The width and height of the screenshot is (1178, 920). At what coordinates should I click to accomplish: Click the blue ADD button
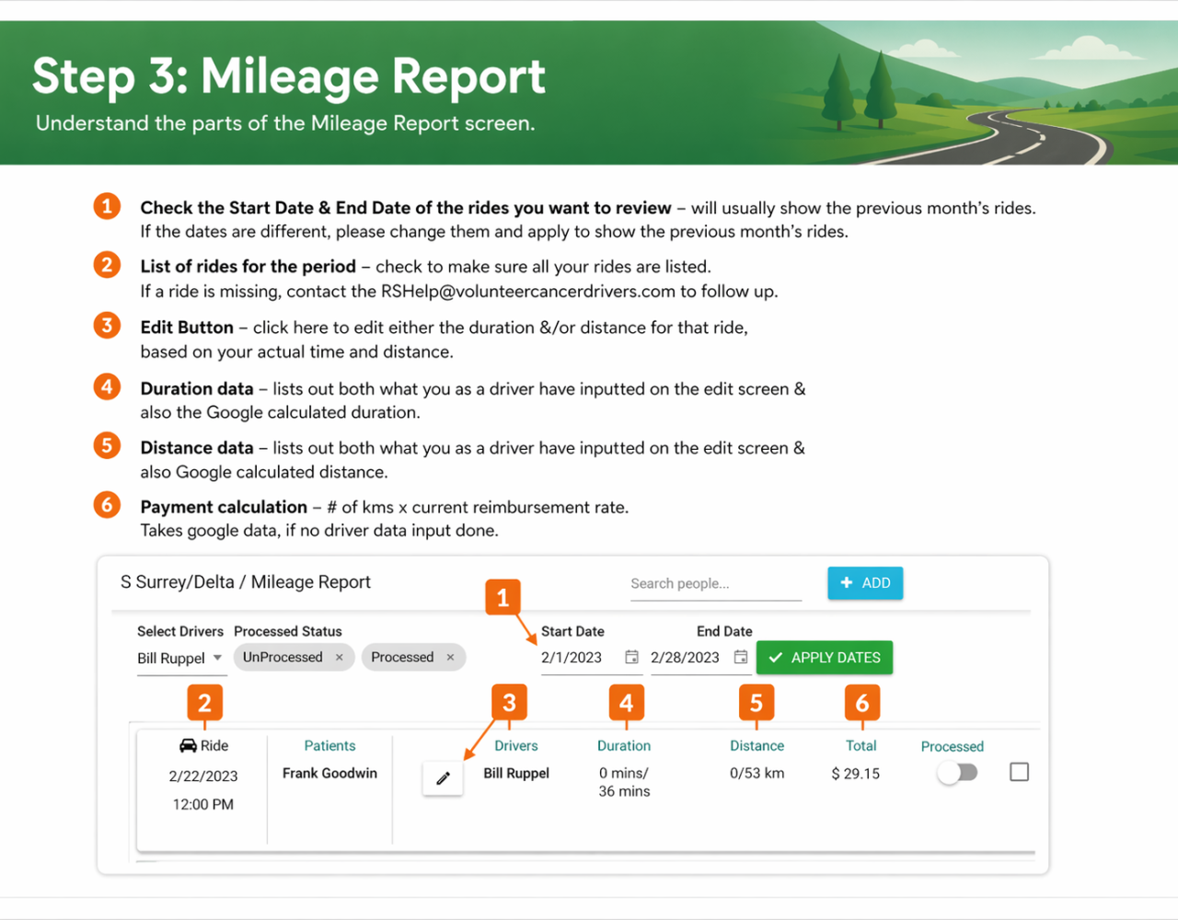pos(865,583)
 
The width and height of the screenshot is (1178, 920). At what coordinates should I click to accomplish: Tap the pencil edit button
pos(443,778)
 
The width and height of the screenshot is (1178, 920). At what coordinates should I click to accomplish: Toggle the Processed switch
pos(957,773)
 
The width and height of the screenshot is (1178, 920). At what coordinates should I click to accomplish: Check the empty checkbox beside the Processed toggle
pos(1019,772)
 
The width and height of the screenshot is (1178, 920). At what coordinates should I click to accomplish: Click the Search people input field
pos(716,583)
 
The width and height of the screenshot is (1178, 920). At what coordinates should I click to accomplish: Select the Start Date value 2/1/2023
pos(572,657)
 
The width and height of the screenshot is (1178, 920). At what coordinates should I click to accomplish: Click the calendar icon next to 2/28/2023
pos(741,657)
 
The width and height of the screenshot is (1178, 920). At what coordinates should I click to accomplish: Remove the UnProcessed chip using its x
pos(340,657)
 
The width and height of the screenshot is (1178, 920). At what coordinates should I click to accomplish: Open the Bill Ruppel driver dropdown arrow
pos(217,658)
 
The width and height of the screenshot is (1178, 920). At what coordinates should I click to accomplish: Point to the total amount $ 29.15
pos(856,774)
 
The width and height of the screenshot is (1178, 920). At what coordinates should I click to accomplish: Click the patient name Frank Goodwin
pos(329,773)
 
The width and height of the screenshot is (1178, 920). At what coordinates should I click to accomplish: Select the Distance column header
pos(756,746)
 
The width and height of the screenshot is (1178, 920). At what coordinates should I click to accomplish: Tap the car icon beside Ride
pos(188,746)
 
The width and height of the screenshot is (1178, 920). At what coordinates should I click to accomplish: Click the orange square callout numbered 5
pos(756,703)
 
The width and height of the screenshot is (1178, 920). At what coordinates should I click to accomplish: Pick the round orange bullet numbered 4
pos(107,387)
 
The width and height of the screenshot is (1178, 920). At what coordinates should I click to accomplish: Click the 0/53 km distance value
pos(756,773)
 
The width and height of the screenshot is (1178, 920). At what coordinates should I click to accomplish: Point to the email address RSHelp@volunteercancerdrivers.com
pos(528,292)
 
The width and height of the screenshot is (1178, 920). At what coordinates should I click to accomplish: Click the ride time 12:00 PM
pos(203,805)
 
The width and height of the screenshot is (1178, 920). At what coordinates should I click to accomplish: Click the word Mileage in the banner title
pos(290,77)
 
